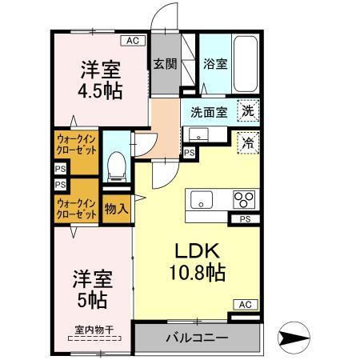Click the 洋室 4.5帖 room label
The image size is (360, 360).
(100, 79)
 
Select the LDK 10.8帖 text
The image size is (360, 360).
(196, 260)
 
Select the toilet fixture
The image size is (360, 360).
(118, 165)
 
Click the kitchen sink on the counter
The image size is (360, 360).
(200, 198)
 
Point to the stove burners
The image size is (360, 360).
(243, 199)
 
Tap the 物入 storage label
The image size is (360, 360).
(116, 210)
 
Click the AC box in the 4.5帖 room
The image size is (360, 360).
(133, 39)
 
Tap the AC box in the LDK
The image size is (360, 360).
(245, 304)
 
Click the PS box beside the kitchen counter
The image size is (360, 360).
(245, 218)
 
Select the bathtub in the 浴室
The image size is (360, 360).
(246, 62)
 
